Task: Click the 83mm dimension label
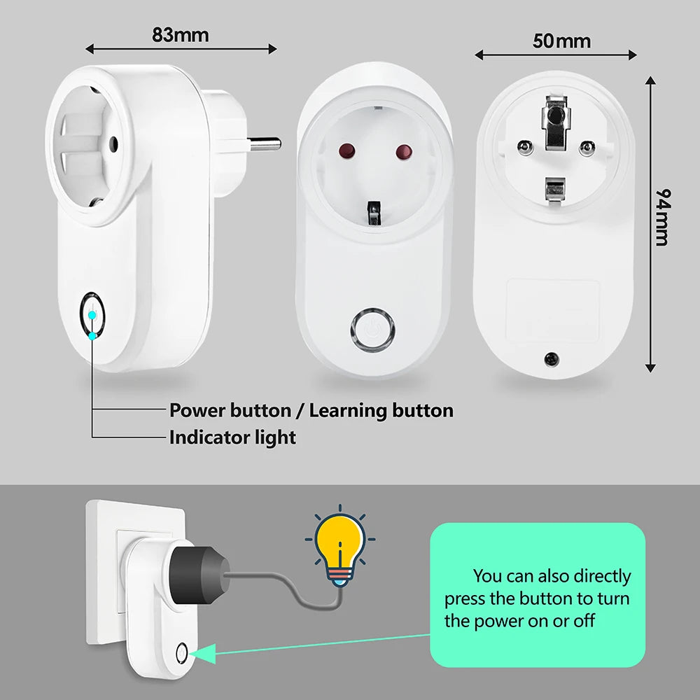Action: click(x=180, y=34)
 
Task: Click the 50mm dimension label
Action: click(x=561, y=41)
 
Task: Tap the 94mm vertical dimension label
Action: click(x=661, y=216)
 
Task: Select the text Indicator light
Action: click(x=232, y=437)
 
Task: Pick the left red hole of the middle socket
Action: click(x=344, y=152)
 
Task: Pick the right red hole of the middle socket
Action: click(x=403, y=152)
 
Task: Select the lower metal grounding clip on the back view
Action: click(x=554, y=189)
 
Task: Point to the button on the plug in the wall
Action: click(x=182, y=654)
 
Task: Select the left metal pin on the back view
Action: click(x=524, y=146)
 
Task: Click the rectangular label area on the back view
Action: click(x=553, y=302)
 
